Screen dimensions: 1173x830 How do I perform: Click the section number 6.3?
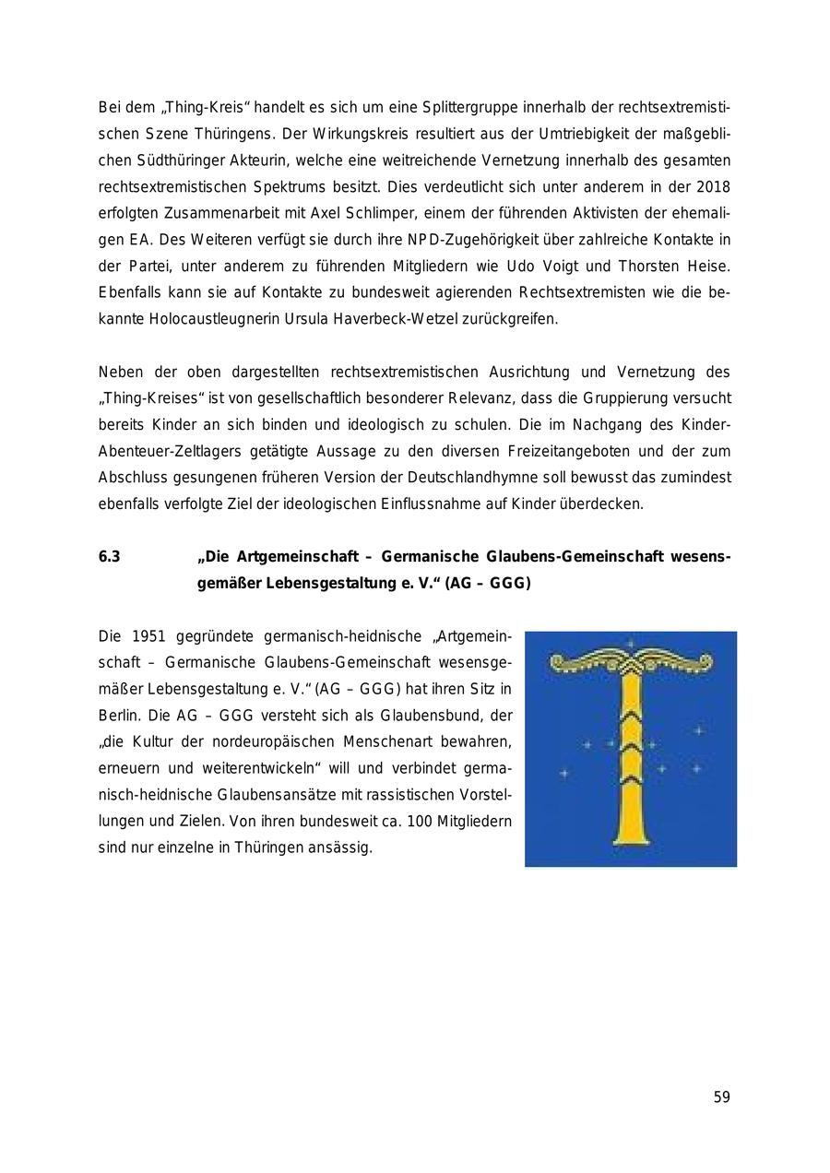(110, 557)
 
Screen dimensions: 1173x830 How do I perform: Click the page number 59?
(721, 1097)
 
